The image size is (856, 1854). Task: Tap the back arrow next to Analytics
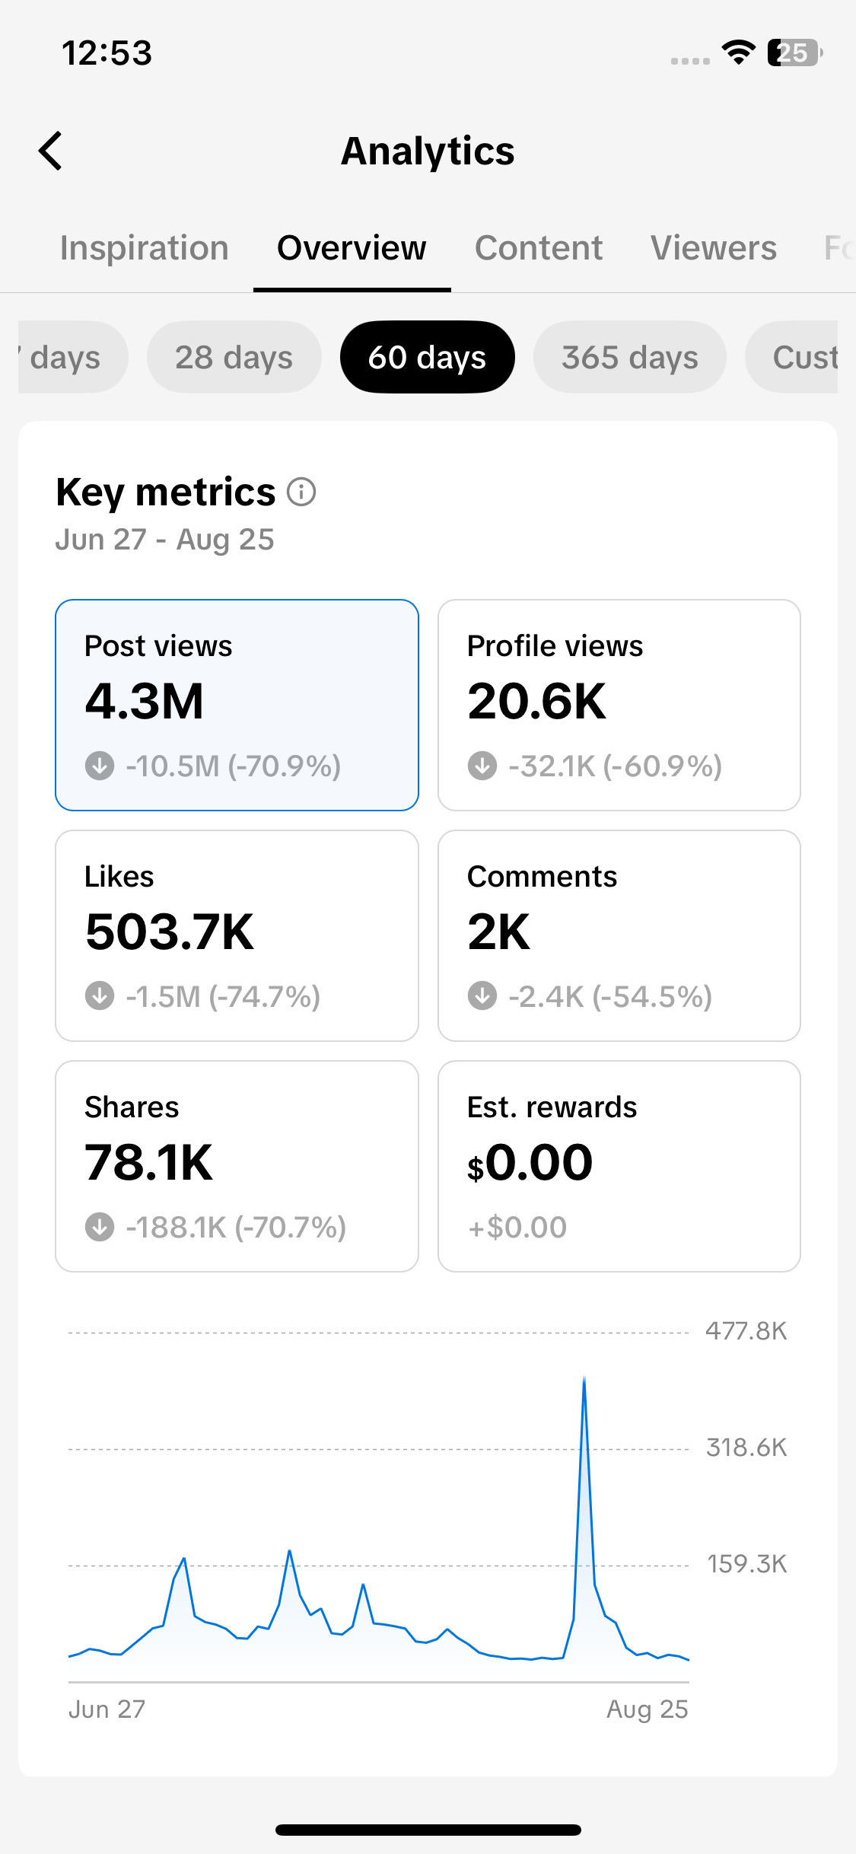point(50,151)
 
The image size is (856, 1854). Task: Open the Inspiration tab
point(145,248)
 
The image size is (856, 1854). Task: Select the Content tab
point(539,248)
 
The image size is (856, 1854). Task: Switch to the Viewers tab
point(714,248)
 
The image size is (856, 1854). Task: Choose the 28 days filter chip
point(234,357)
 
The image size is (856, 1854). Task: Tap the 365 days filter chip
point(630,357)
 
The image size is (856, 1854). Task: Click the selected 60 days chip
point(428,357)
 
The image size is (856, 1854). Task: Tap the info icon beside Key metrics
point(301,492)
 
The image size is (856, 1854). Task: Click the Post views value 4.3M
point(145,701)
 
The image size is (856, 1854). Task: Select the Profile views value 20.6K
point(536,701)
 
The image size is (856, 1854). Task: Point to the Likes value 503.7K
point(170,932)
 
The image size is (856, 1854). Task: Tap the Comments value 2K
point(498,932)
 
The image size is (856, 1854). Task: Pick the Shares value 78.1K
point(149,1162)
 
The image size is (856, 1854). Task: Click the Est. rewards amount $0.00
point(530,1163)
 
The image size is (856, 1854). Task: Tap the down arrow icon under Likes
point(100,995)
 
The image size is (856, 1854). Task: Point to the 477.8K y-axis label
point(746,1331)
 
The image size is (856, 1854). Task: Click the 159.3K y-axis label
point(747,1564)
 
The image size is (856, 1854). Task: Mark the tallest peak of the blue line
point(584,1378)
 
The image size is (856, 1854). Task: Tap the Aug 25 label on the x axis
point(648,1709)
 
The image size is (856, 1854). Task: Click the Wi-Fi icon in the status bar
point(738,53)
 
